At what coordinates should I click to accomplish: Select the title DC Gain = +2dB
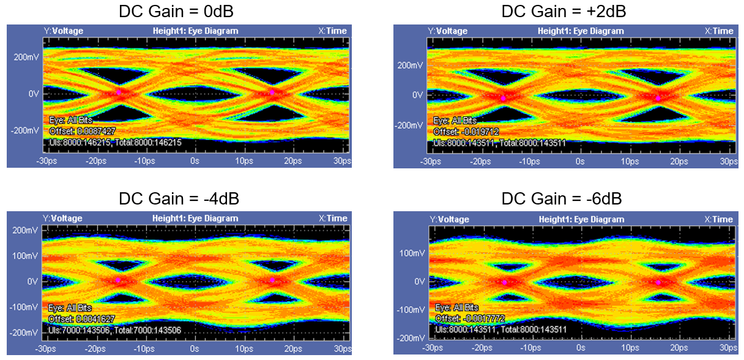pos(564,11)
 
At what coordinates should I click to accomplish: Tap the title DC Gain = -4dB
pos(179,198)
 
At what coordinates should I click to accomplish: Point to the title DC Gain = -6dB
pos(562,198)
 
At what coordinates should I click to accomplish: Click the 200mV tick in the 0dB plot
pos(25,57)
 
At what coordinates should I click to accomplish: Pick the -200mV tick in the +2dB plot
pos(410,125)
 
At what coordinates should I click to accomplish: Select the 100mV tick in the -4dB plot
pos(25,255)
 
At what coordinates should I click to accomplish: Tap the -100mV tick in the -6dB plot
pos(411,310)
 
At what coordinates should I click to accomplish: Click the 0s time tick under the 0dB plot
pos(195,161)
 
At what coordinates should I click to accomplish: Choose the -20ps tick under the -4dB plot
pos(95,348)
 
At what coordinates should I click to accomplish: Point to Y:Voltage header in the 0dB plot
pos(63,31)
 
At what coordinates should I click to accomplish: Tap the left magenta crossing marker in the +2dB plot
pos(504,98)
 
